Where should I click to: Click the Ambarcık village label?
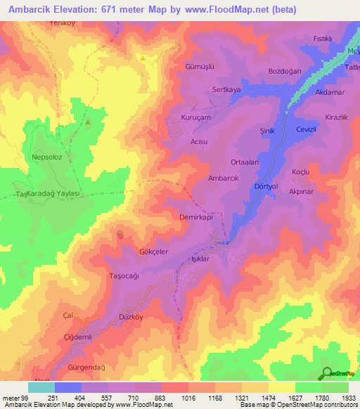(x=224, y=178)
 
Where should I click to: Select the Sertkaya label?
(x=226, y=91)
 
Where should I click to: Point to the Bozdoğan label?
(x=285, y=72)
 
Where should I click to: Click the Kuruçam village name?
(x=195, y=117)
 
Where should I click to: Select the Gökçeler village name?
(x=134, y=251)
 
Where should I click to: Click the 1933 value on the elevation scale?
(x=346, y=398)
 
